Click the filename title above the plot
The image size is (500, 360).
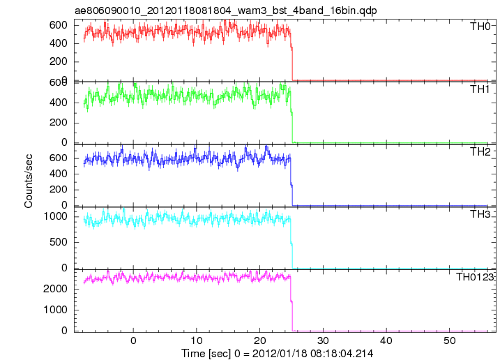[225, 10]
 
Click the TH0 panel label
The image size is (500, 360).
[480, 27]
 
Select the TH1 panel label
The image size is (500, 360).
[480, 89]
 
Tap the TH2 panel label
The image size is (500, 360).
[480, 152]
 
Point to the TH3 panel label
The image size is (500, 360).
[480, 214]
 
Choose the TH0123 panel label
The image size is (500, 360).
[474, 277]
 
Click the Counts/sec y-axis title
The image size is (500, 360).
[29, 181]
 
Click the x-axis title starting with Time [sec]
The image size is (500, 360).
[277, 353]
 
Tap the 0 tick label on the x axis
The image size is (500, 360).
[133, 340]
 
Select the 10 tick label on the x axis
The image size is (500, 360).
[197, 340]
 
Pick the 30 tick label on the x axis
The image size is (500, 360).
[323, 340]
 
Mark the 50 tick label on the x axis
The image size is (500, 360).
[449, 340]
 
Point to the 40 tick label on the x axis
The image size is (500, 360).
[386, 340]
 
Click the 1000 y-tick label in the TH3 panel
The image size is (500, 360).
[56, 216]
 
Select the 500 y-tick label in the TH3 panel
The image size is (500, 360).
[59, 242]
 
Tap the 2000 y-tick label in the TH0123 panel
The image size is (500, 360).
[56, 289]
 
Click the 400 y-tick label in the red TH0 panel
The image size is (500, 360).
[59, 43]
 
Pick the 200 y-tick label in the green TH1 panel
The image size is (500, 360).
[59, 123]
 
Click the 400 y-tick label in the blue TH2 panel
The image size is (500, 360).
[59, 174]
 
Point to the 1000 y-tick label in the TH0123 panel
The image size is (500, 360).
[56, 310]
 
